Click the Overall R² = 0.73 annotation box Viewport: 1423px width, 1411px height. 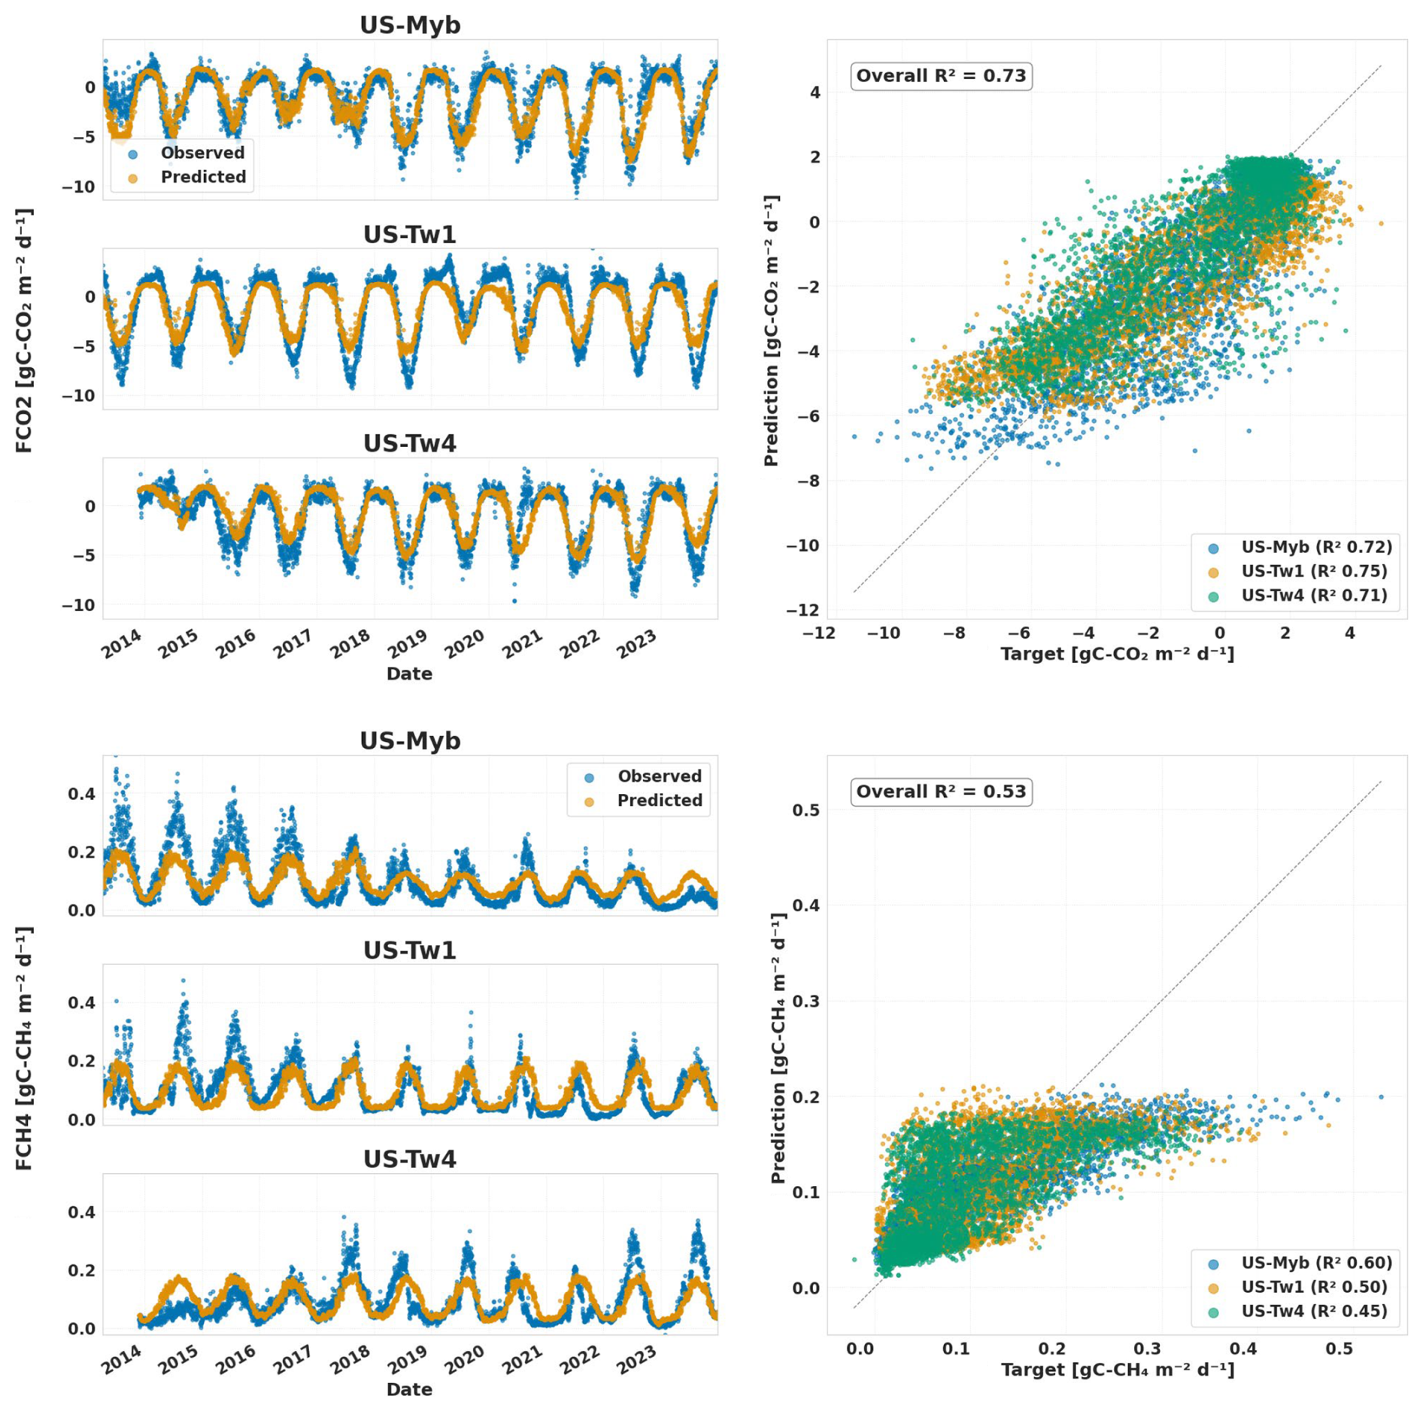click(x=941, y=76)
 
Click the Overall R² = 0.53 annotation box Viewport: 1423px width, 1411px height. click(x=941, y=792)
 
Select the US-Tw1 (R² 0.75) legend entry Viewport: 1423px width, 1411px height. click(x=1314, y=571)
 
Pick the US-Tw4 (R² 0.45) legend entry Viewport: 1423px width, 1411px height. click(x=1314, y=1311)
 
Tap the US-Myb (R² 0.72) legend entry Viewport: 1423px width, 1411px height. click(x=1316, y=547)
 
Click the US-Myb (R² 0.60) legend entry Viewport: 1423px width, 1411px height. click(x=1316, y=1263)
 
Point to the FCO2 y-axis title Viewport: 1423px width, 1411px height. click(x=24, y=331)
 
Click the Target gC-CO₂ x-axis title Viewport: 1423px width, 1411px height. click(x=1117, y=654)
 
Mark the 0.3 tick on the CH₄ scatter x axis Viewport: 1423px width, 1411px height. click(x=1148, y=1349)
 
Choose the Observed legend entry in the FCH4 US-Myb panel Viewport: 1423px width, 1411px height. click(x=659, y=777)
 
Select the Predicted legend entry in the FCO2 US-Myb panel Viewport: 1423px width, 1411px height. click(x=202, y=177)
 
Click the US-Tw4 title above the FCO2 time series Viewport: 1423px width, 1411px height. click(x=410, y=443)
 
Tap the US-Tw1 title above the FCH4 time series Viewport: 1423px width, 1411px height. click(x=410, y=950)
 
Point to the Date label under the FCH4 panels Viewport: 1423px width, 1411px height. click(x=409, y=1389)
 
